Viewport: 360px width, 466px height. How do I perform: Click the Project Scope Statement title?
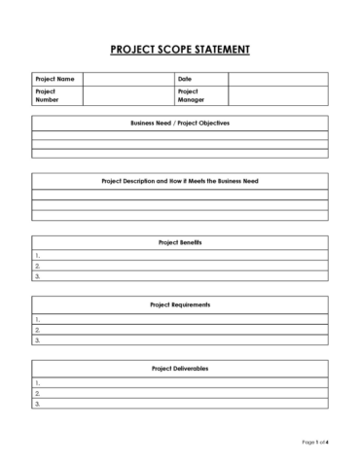(x=180, y=48)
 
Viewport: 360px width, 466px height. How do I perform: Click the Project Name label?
(x=54, y=78)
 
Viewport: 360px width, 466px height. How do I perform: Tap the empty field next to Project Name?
(x=127, y=78)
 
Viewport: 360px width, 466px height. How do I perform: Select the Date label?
(x=185, y=78)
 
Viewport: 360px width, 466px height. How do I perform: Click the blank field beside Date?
(x=277, y=78)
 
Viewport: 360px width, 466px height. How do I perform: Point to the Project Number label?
(x=50, y=94)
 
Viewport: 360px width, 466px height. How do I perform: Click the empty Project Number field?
(x=127, y=94)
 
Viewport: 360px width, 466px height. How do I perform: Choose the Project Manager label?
(x=191, y=94)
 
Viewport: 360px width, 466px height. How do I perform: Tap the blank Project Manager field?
(x=277, y=94)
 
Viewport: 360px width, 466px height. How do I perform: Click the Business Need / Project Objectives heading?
(x=180, y=124)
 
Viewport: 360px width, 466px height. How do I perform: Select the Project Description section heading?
(x=180, y=181)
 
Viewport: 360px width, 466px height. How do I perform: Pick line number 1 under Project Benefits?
(x=180, y=254)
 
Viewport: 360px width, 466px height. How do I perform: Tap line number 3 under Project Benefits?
(x=180, y=276)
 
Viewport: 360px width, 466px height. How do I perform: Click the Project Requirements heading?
(x=180, y=305)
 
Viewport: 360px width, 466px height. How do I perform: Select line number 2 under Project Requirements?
(x=180, y=330)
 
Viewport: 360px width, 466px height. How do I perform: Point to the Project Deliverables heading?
(x=180, y=369)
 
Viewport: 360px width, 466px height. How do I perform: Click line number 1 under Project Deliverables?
(x=180, y=382)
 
